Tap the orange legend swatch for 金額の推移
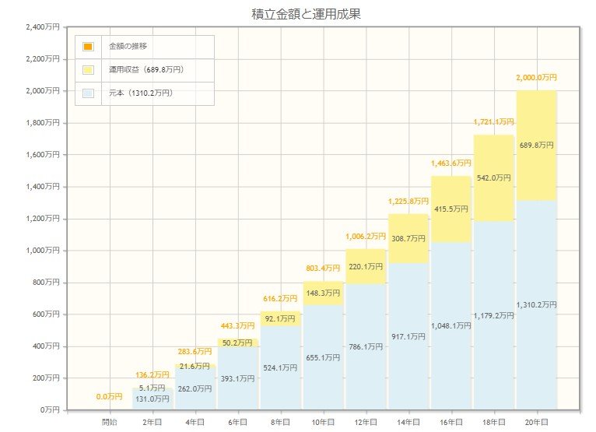coord(88,47)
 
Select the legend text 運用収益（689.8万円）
coord(145,70)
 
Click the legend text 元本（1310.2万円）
coord(140,93)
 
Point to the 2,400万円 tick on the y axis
coord(43,27)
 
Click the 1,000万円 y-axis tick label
coord(43,251)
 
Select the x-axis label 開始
coord(110,422)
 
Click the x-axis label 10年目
coord(323,422)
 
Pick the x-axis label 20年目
coord(536,422)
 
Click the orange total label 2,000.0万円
coord(536,78)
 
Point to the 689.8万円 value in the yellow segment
coord(536,146)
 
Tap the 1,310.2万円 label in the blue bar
coord(536,305)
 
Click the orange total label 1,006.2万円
coord(366,236)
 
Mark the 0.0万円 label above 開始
coord(110,397)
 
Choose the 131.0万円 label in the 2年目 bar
coord(153,399)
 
